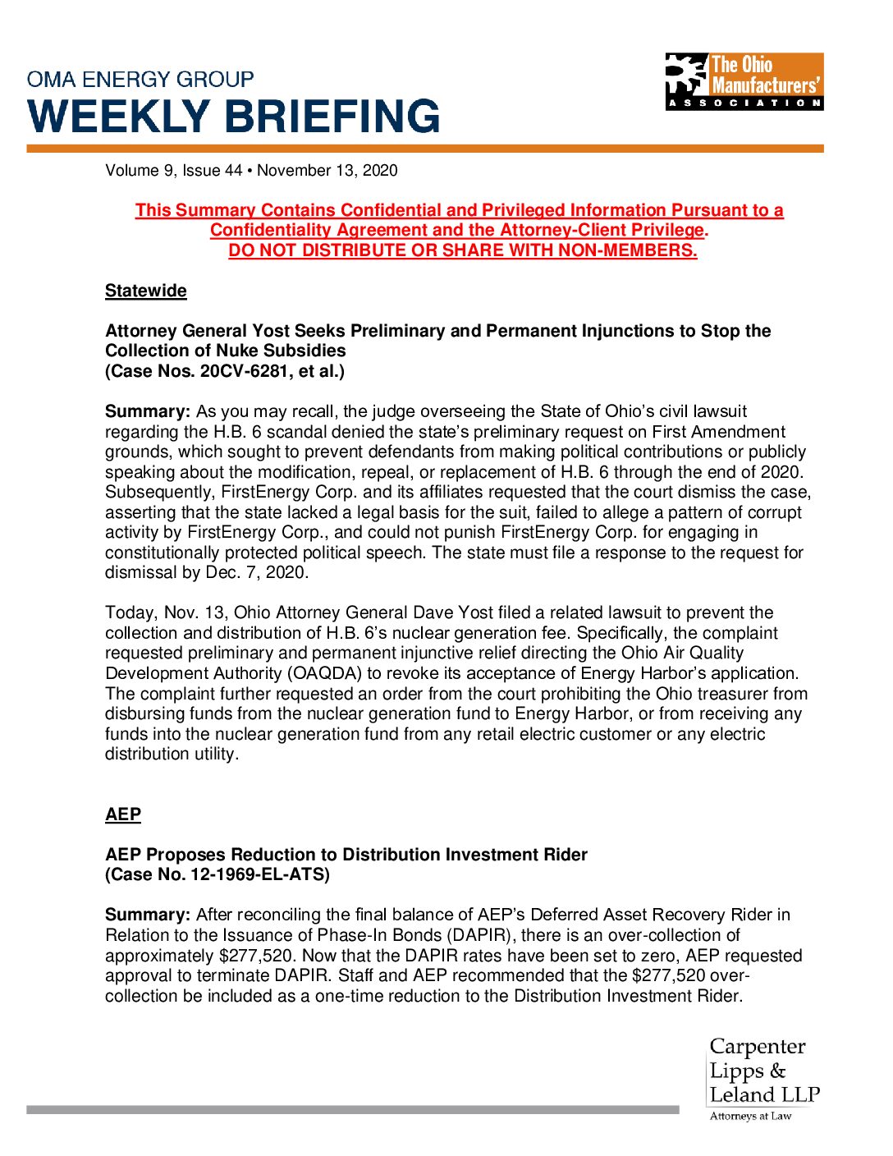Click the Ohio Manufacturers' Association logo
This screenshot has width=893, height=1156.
[x=744, y=81]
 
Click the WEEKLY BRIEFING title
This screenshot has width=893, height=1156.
[x=234, y=117]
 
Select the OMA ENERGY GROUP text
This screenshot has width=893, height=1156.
[x=140, y=80]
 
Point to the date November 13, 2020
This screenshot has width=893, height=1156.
[x=327, y=171]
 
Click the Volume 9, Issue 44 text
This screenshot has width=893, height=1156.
[x=174, y=171]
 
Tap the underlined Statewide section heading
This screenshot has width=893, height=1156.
[x=146, y=291]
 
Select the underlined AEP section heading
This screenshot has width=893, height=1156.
[x=123, y=814]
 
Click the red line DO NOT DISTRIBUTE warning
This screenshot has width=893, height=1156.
[x=463, y=250]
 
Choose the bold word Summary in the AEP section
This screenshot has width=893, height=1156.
[x=148, y=915]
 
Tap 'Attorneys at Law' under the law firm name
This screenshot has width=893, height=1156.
[x=750, y=1116]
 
